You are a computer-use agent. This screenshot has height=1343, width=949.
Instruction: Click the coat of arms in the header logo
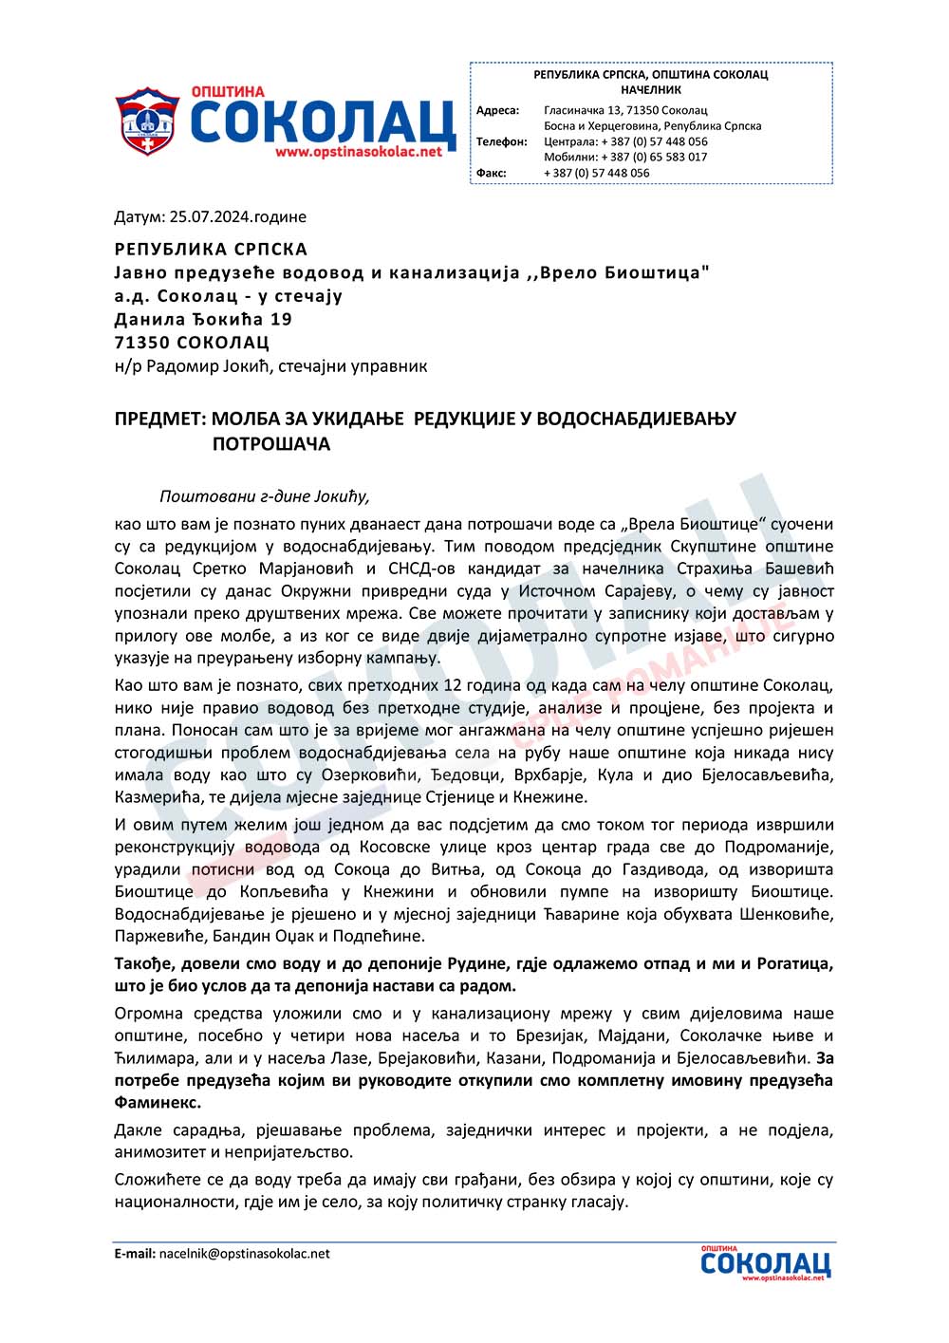(x=146, y=123)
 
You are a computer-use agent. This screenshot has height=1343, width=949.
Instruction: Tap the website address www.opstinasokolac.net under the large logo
(x=359, y=152)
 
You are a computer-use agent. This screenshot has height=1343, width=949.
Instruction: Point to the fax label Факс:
(x=491, y=173)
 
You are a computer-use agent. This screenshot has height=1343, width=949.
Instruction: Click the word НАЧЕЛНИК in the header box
(x=651, y=89)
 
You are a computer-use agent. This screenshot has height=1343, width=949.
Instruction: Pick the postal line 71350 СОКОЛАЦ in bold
(x=192, y=343)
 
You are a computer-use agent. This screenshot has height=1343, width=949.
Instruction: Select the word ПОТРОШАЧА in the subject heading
(x=270, y=444)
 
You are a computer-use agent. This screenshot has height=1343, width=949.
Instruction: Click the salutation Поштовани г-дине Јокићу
(x=264, y=495)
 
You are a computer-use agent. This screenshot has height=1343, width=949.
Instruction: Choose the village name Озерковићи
(x=363, y=775)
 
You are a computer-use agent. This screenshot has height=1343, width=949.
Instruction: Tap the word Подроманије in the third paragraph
(x=779, y=847)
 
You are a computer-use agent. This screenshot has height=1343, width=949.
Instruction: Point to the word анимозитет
(x=158, y=1152)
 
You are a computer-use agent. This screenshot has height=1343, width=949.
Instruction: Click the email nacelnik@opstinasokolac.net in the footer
(x=245, y=1253)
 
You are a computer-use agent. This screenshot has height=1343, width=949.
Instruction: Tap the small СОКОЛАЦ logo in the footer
(x=765, y=1263)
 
